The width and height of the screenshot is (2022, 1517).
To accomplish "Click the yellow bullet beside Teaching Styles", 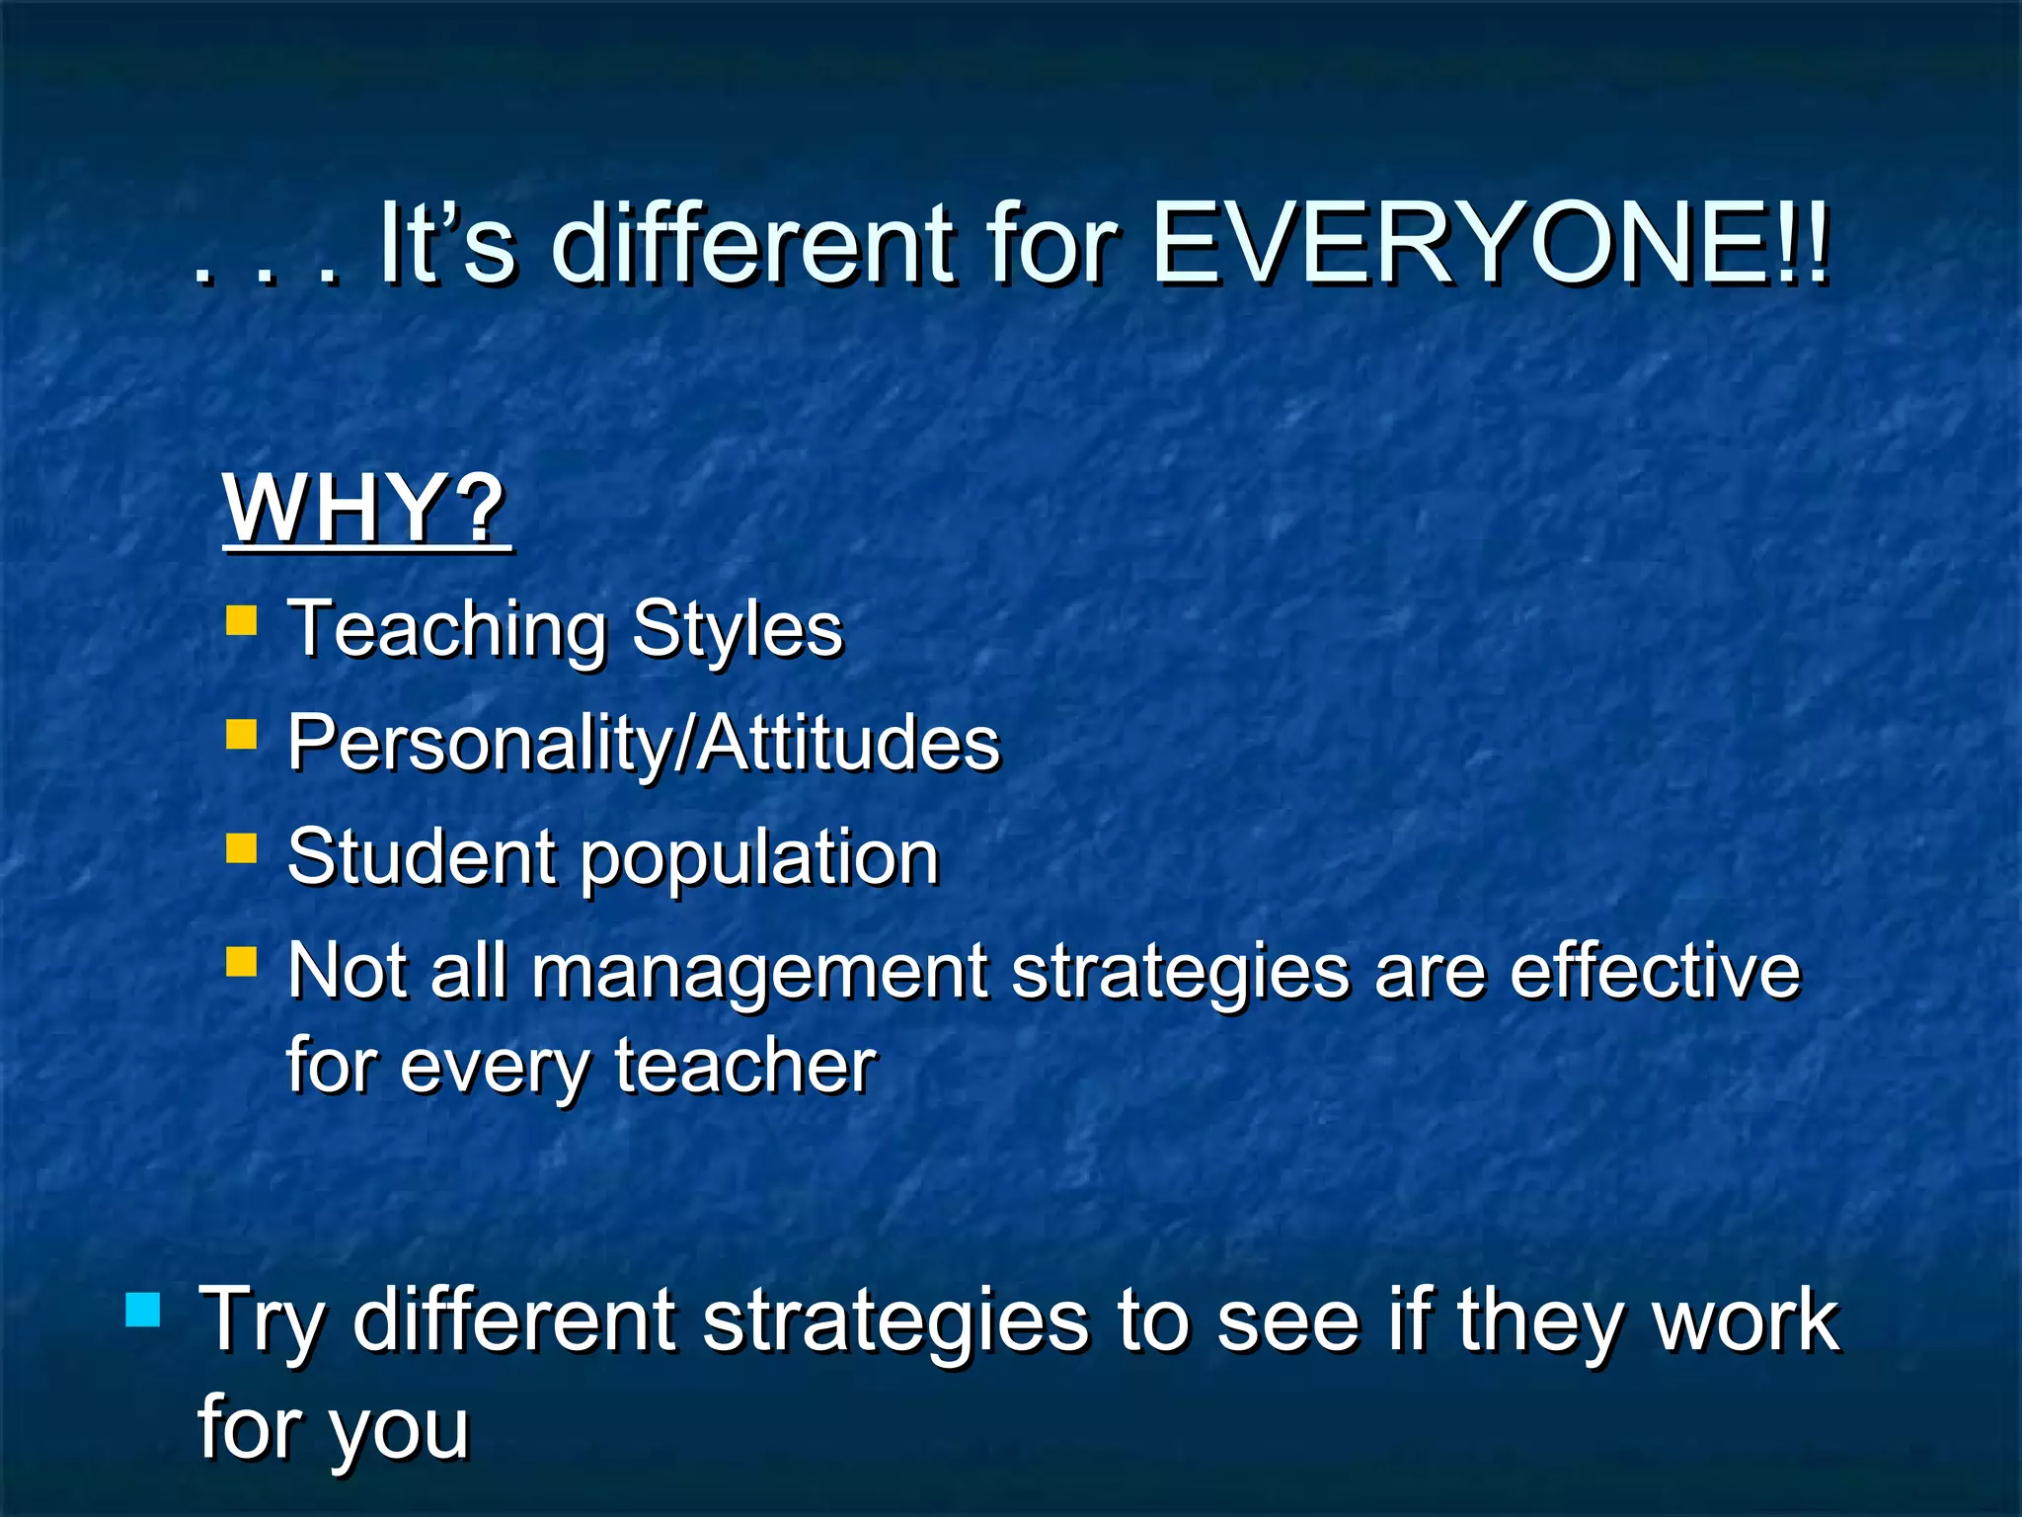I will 241,620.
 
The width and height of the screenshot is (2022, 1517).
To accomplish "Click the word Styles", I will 738,628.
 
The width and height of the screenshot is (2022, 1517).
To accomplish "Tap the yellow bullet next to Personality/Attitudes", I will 241,735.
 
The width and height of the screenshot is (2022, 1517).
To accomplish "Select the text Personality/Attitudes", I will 643,743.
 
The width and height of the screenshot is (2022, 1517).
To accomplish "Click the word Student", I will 422,856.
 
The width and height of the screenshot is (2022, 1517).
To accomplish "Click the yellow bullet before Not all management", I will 241,961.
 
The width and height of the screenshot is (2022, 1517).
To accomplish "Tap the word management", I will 759,973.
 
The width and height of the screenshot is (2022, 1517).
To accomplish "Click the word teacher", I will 745,1066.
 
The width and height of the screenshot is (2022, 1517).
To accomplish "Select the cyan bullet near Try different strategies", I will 143,1310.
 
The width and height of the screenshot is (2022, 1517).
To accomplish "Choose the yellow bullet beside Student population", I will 241,848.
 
